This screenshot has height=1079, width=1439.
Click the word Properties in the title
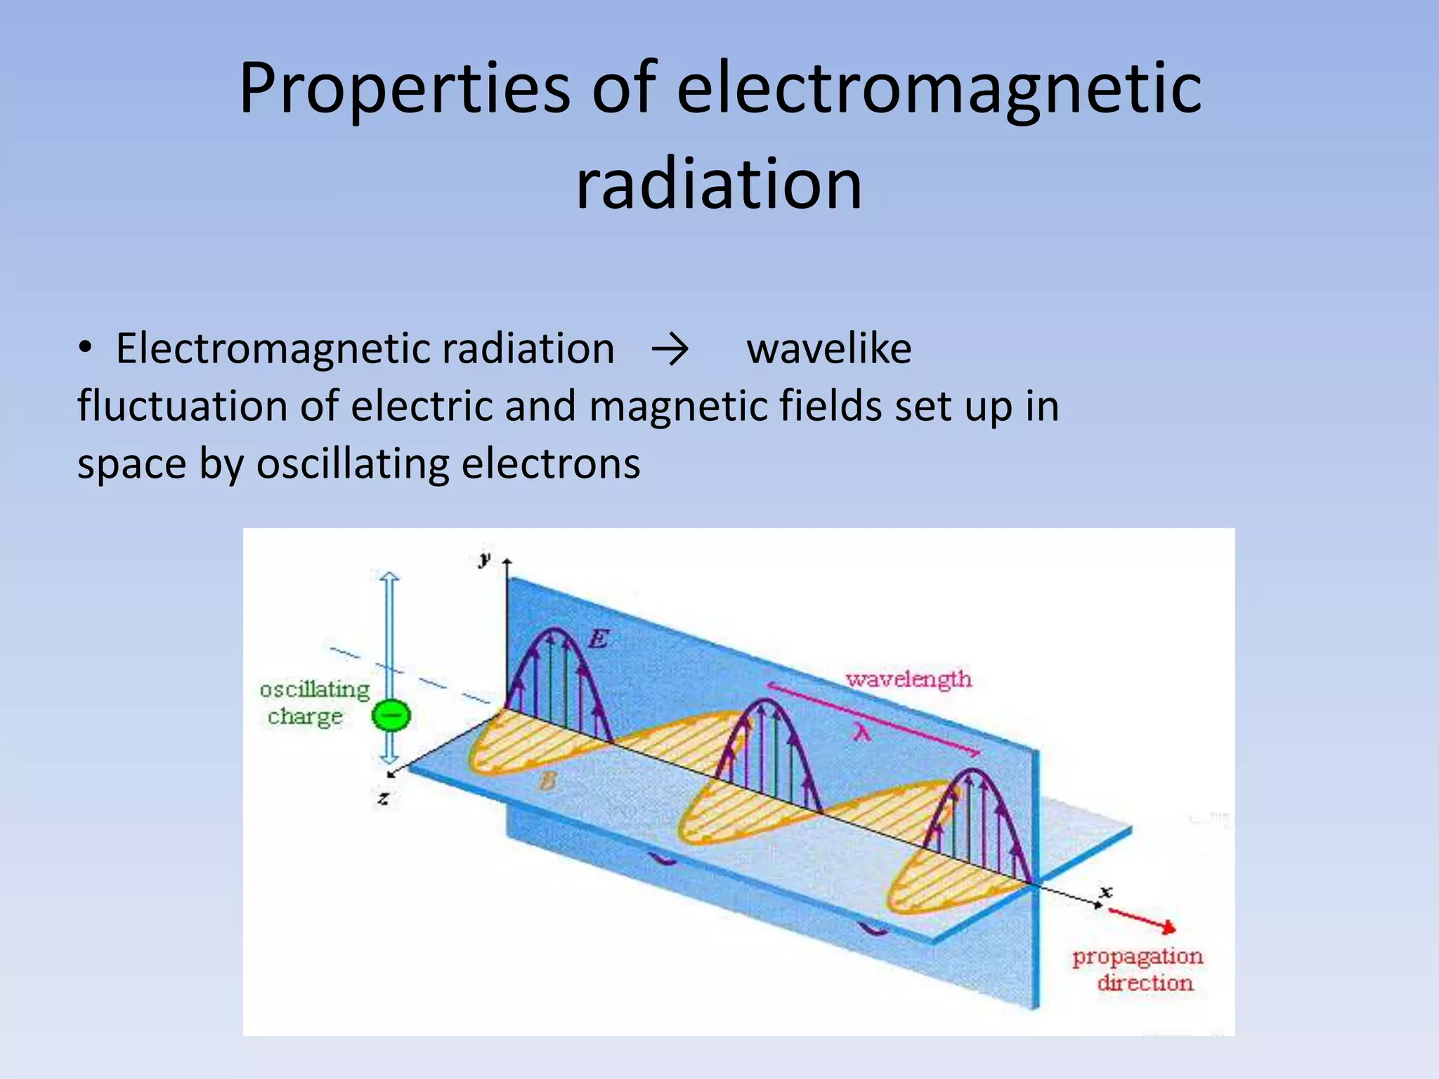pyautogui.click(x=404, y=89)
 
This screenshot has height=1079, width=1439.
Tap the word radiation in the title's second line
pyautogui.click(x=718, y=184)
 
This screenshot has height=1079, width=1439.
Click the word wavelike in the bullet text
pyautogui.click(x=828, y=349)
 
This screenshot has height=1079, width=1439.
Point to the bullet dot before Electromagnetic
pyautogui.click(x=85, y=348)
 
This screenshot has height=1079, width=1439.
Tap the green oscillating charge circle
pyautogui.click(x=391, y=716)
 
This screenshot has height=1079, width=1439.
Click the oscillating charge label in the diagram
pyautogui.click(x=313, y=702)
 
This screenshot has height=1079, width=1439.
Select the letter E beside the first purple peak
pyautogui.click(x=598, y=639)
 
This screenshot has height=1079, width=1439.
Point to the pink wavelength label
pyautogui.click(x=909, y=679)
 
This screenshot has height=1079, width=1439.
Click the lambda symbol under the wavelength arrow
pyautogui.click(x=863, y=733)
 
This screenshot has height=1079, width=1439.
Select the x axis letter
pyautogui.click(x=1107, y=892)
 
